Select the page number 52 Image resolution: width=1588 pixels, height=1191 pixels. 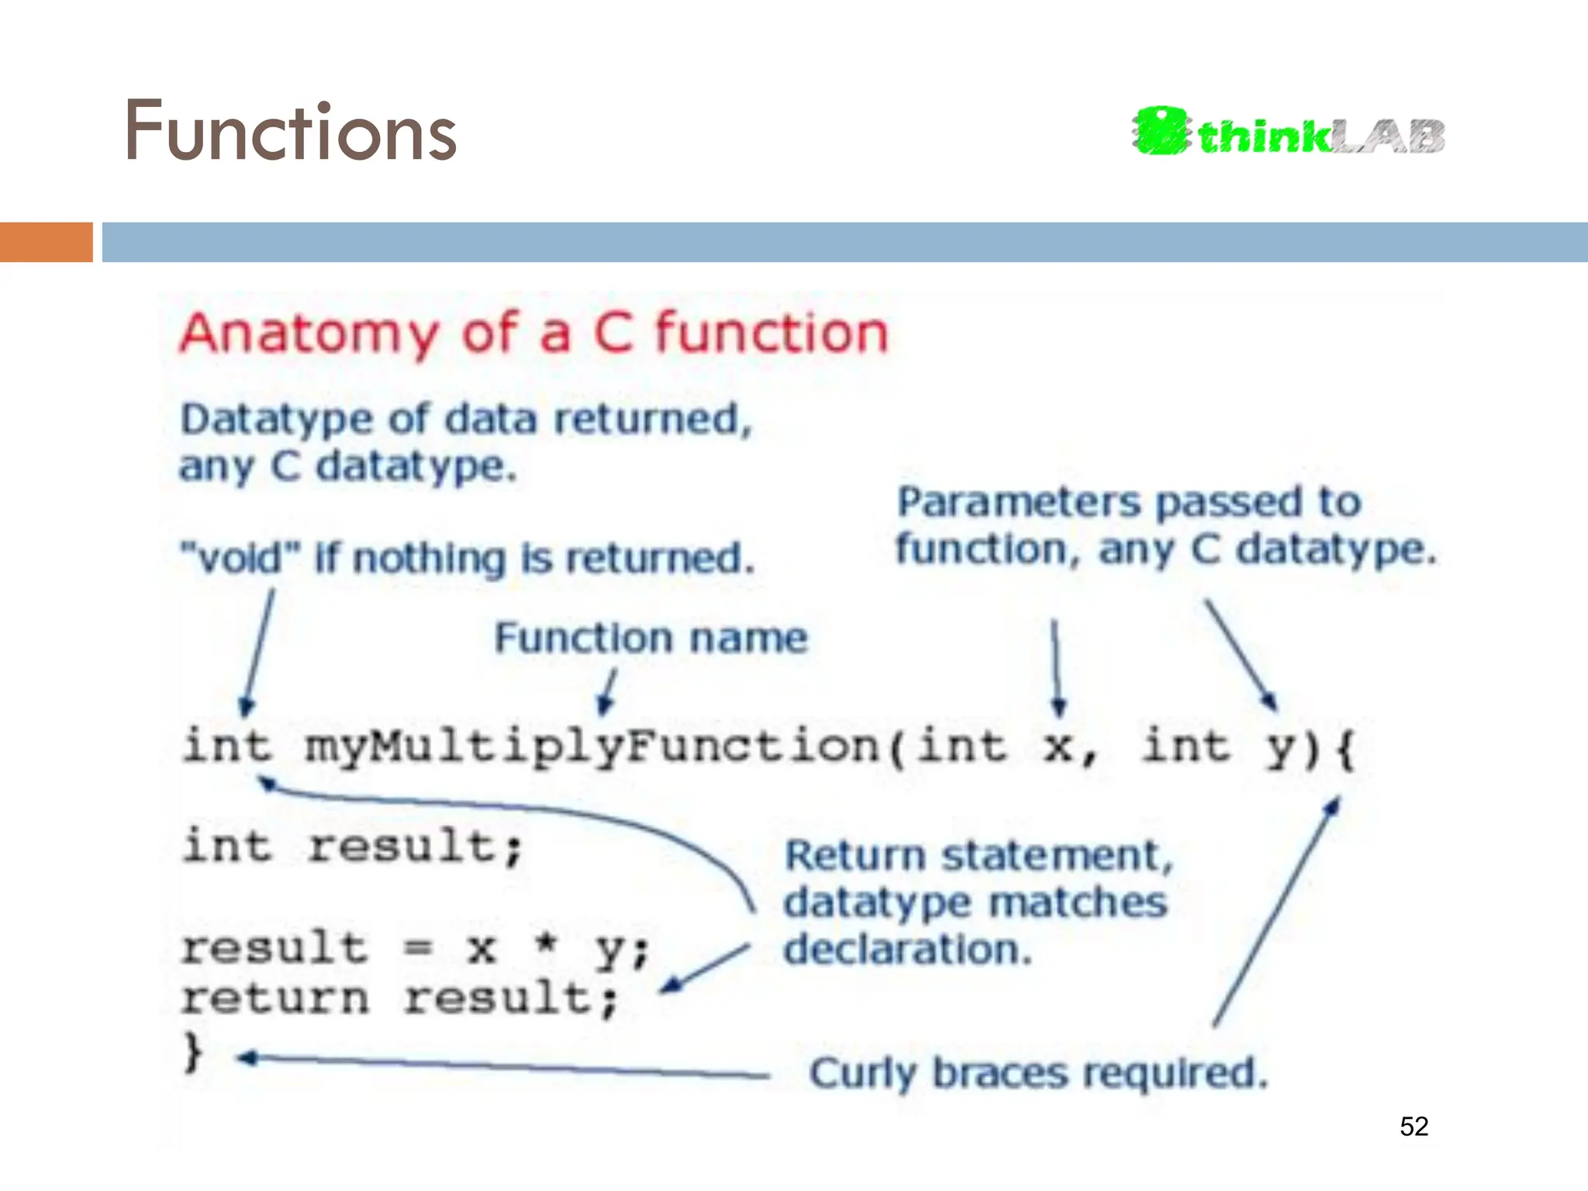1414,1126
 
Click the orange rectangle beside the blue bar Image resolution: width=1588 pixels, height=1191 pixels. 46,242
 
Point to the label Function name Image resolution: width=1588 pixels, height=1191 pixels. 651,638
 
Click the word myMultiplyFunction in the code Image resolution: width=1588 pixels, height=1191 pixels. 593,747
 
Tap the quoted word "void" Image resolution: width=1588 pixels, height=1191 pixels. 240,558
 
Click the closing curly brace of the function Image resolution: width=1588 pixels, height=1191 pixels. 192,1052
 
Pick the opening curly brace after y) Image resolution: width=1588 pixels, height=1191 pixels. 1345,749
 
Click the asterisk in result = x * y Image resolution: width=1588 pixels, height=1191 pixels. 547,944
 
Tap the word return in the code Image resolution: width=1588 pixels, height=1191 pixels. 274,998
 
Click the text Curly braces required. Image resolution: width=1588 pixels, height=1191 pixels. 1038,1074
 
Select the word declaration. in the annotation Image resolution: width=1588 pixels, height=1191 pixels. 907,950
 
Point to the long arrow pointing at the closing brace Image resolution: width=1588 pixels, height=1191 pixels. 504,1066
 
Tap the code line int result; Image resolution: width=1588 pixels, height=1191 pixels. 353,846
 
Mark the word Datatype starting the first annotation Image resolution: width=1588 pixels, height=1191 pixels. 276,419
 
